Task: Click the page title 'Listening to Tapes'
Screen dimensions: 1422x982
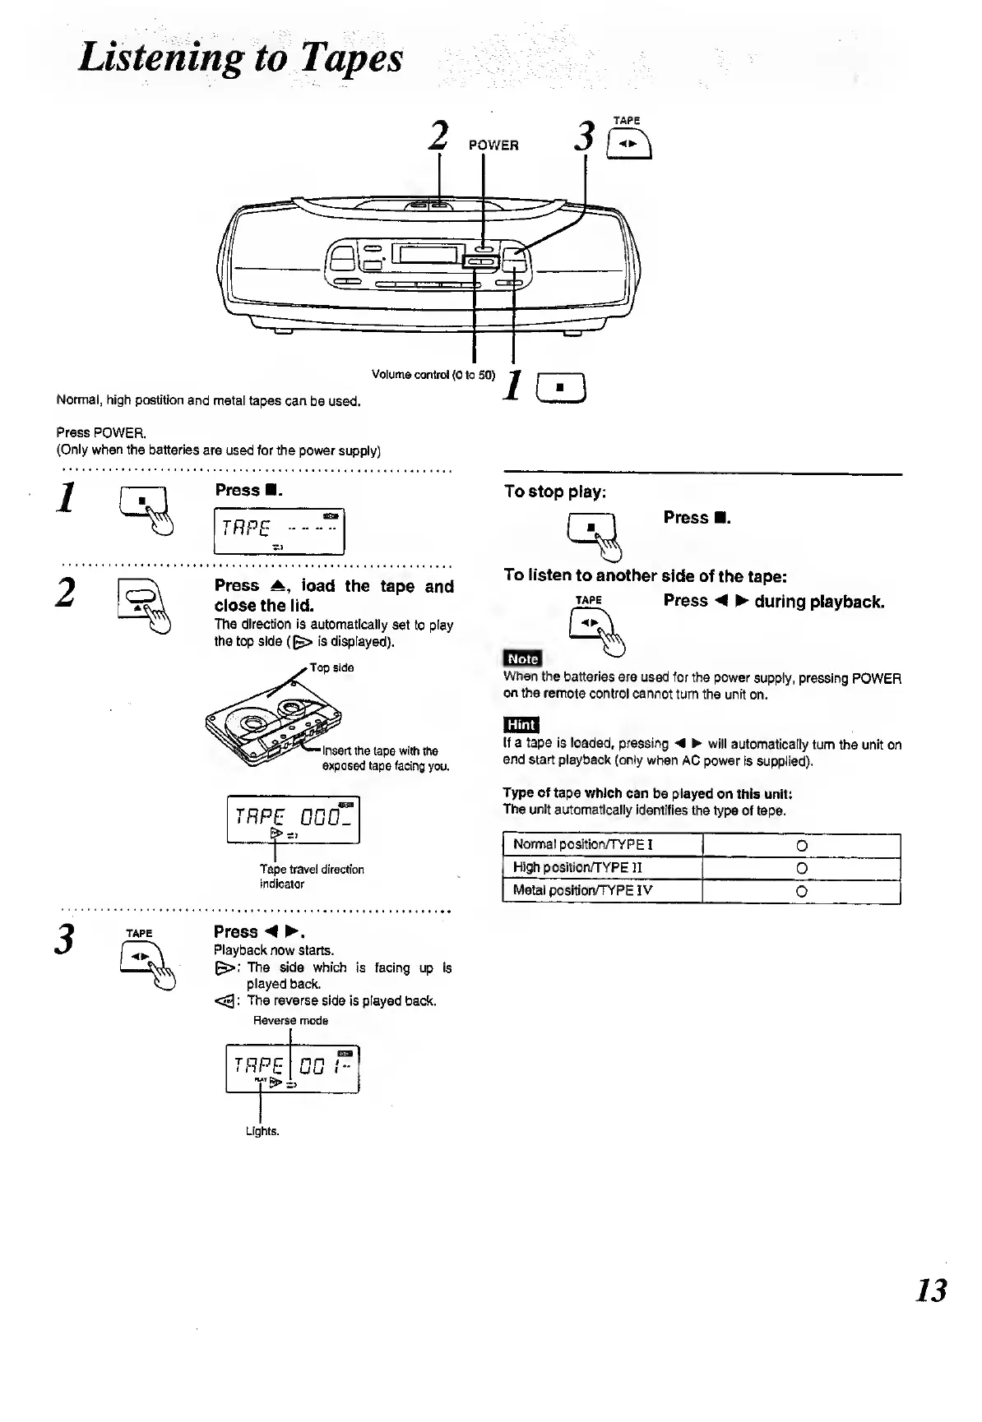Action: pyautogui.click(x=240, y=58)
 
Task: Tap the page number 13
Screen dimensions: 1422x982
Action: pyautogui.click(x=931, y=1290)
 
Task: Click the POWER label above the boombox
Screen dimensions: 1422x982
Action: pyautogui.click(x=493, y=145)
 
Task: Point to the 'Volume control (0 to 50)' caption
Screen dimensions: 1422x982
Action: pyautogui.click(x=433, y=375)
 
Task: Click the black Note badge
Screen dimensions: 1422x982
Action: pyautogui.click(x=522, y=658)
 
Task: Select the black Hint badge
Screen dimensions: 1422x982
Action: pyautogui.click(x=521, y=724)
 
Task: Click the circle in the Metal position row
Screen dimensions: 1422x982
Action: pyautogui.click(x=802, y=892)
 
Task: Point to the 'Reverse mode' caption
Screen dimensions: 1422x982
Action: pyautogui.click(x=290, y=1020)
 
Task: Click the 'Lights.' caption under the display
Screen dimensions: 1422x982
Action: pyautogui.click(x=262, y=1131)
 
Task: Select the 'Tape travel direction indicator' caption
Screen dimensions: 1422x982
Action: pyautogui.click(x=311, y=876)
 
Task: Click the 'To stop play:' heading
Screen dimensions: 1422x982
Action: pyautogui.click(x=555, y=492)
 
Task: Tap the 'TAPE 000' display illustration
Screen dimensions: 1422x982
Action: pyautogui.click(x=293, y=819)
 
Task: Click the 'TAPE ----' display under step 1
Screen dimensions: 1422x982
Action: pyautogui.click(x=279, y=531)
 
